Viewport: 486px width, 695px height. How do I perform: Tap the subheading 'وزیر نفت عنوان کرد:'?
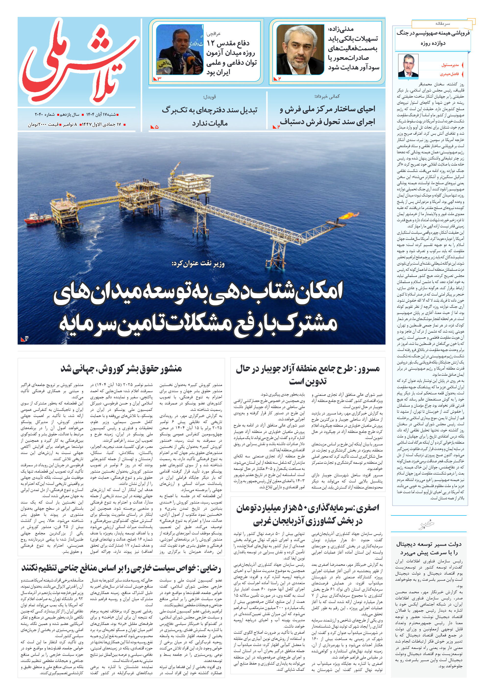tap(198, 264)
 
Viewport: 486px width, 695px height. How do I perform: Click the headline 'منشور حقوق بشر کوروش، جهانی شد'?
tap(121, 368)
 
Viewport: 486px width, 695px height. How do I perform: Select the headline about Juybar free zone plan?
tap(308, 374)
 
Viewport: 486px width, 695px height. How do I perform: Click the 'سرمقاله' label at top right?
tap(442, 24)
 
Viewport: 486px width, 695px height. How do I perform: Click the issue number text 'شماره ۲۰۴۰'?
tap(45, 115)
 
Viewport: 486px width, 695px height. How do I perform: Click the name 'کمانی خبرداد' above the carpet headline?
tap(327, 96)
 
